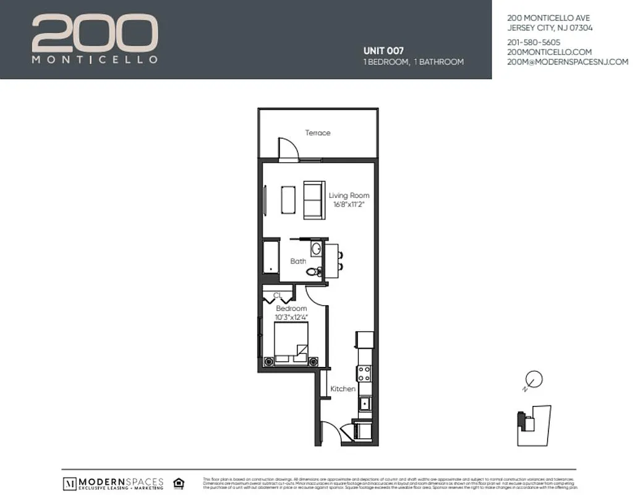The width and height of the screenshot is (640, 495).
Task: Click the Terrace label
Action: (x=318, y=133)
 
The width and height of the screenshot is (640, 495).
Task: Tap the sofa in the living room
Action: (x=314, y=200)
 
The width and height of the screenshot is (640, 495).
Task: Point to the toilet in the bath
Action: (x=317, y=271)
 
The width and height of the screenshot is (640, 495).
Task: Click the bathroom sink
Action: (x=316, y=249)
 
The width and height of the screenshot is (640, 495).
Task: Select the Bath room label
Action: (x=298, y=261)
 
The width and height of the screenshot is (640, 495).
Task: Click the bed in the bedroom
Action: (x=291, y=343)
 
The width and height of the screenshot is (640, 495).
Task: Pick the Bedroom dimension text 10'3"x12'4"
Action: (x=291, y=317)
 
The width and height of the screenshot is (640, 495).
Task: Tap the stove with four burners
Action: (x=364, y=373)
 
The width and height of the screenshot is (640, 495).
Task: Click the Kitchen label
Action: (x=343, y=389)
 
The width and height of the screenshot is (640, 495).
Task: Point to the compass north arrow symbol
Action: (x=534, y=379)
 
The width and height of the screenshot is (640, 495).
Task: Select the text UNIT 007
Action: (x=383, y=51)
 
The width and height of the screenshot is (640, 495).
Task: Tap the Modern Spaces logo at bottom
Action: (x=113, y=483)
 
